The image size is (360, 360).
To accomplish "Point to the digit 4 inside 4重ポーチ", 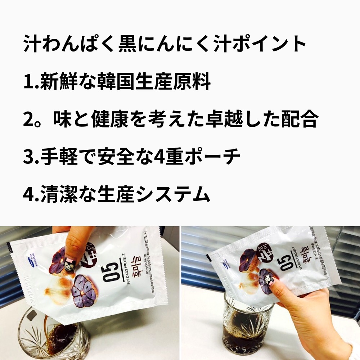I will click(156, 157).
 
